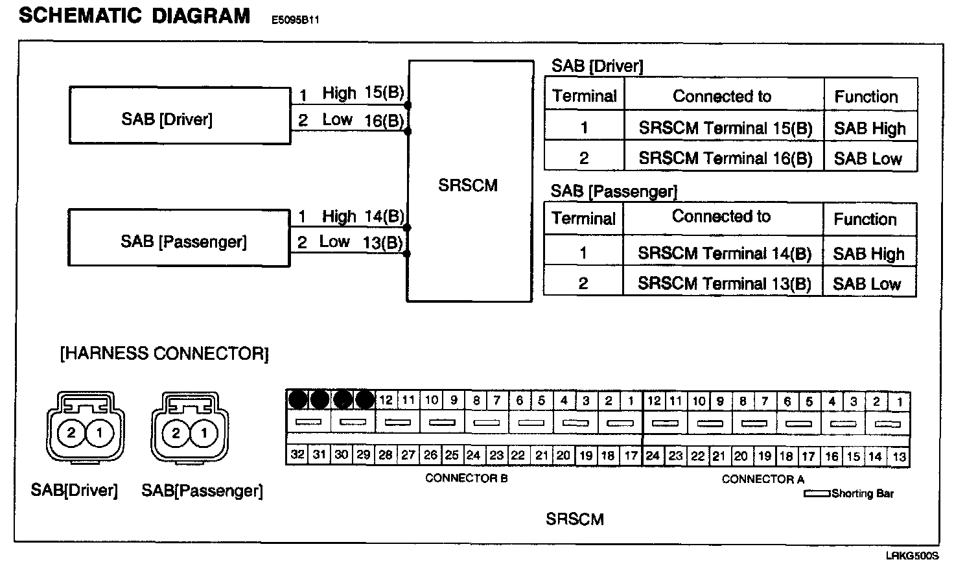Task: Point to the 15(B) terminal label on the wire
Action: click(384, 93)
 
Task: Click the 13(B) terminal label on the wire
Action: click(383, 242)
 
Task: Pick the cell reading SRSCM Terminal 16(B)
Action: click(725, 158)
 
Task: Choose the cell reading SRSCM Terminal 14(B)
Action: click(724, 253)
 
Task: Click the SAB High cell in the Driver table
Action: click(870, 128)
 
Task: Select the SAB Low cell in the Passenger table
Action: click(867, 283)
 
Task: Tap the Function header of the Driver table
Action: click(866, 97)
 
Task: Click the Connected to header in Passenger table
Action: click(721, 217)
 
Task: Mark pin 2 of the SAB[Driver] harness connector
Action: click(71, 432)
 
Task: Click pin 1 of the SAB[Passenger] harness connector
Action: click(204, 432)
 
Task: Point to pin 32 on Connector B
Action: click(297, 455)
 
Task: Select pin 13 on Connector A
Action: click(899, 457)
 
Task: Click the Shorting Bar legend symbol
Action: click(817, 493)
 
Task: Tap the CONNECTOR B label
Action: click(466, 478)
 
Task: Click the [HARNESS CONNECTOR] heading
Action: click(164, 354)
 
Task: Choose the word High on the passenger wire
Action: click(339, 216)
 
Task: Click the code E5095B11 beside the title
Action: click(295, 20)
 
